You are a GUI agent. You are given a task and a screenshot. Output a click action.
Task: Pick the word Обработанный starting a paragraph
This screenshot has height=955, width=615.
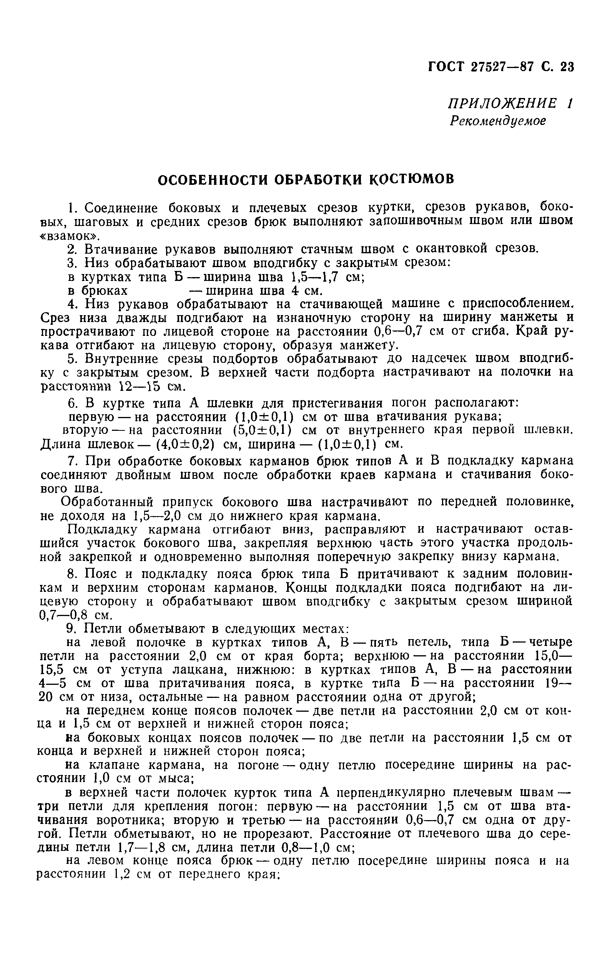(107, 502)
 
